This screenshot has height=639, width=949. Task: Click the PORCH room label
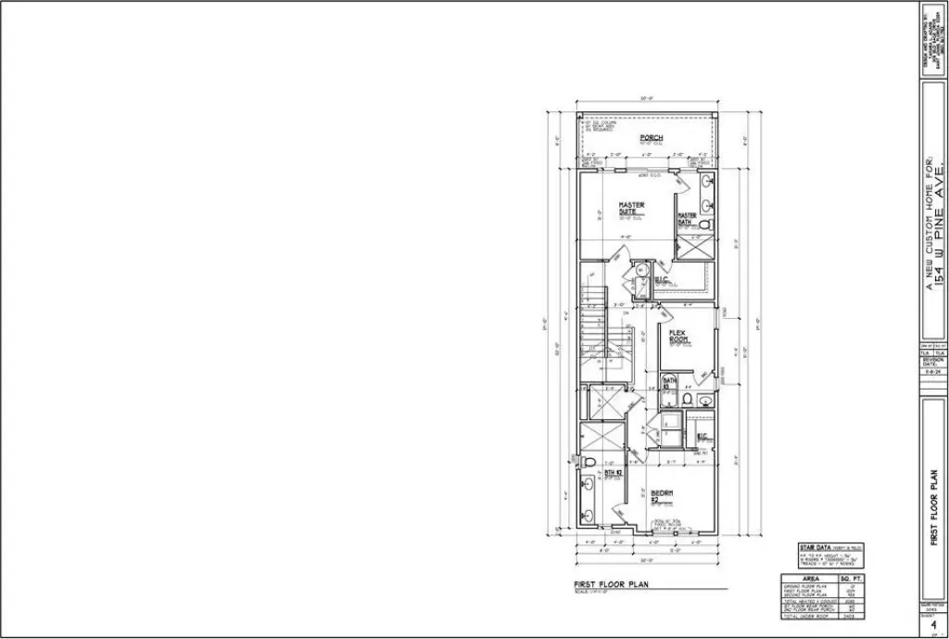pos(651,138)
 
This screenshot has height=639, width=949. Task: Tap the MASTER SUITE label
pos(632,209)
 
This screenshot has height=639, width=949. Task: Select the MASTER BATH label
pos(687,219)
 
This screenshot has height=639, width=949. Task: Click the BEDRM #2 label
pos(662,495)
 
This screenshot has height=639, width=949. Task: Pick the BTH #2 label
pos(612,474)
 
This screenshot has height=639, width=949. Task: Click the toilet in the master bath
pos(702,225)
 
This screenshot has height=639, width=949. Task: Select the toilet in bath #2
pos(587,462)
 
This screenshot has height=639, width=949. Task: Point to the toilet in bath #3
pos(687,400)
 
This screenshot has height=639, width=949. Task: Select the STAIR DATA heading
pos(818,548)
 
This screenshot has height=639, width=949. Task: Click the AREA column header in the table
pos(810,577)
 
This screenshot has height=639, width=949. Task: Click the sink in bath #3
pos(706,401)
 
